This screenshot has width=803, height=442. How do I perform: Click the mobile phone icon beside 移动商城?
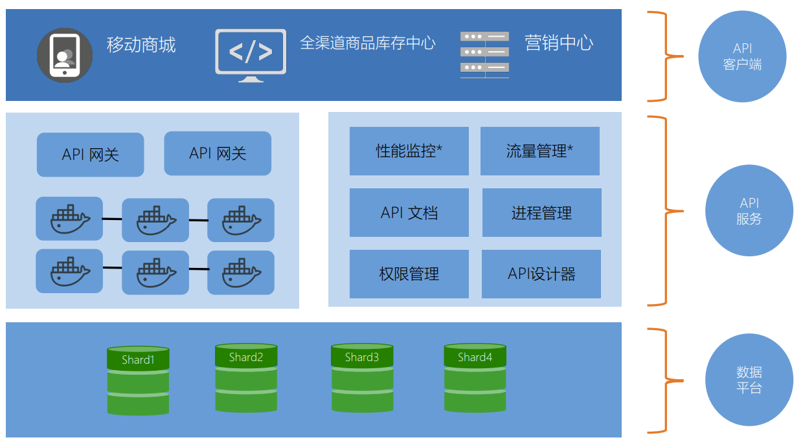pyautogui.click(x=65, y=55)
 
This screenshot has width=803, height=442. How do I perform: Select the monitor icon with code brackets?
pyautogui.click(x=251, y=56)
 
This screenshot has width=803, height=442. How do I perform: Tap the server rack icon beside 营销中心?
pyautogui.click(x=484, y=55)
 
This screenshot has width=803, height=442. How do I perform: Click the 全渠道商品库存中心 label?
pyautogui.click(x=367, y=43)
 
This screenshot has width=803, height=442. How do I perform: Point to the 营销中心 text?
pyautogui.click(x=559, y=43)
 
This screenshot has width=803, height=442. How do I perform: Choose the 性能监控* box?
pyautogui.click(x=409, y=151)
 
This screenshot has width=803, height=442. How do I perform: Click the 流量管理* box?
pyautogui.click(x=540, y=151)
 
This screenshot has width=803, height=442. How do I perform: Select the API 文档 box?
pyautogui.click(x=409, y=212)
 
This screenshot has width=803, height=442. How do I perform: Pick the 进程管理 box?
pyautogui.click(x=541, y=212)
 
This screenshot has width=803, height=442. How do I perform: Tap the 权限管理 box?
pyautogui.click(x=409, y=274)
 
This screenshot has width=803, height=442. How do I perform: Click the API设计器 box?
pyautogui.click(x=541, y=274)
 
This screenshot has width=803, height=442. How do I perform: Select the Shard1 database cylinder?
pyautogui.click(x=138, y=381)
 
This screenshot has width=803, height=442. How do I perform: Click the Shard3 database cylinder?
pyautogui.click(x=362, y=378)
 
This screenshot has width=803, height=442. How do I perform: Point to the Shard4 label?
pyautogui.click(x=475, y=357)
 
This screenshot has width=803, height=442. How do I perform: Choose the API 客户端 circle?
pyautogui.click(x=742, y=56)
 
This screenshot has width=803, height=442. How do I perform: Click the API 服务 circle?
pyautogui.click(x=749, y=210)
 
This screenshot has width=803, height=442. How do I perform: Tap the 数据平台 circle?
pyautogui.click(x=749, y=380)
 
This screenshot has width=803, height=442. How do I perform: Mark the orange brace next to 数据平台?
pyautogui.click(x=666, y=381)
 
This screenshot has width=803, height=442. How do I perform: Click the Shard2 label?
pyautogui.click(x=246, y=357)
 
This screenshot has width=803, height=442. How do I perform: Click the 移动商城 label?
pyautogui.click(x=141, y=45)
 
